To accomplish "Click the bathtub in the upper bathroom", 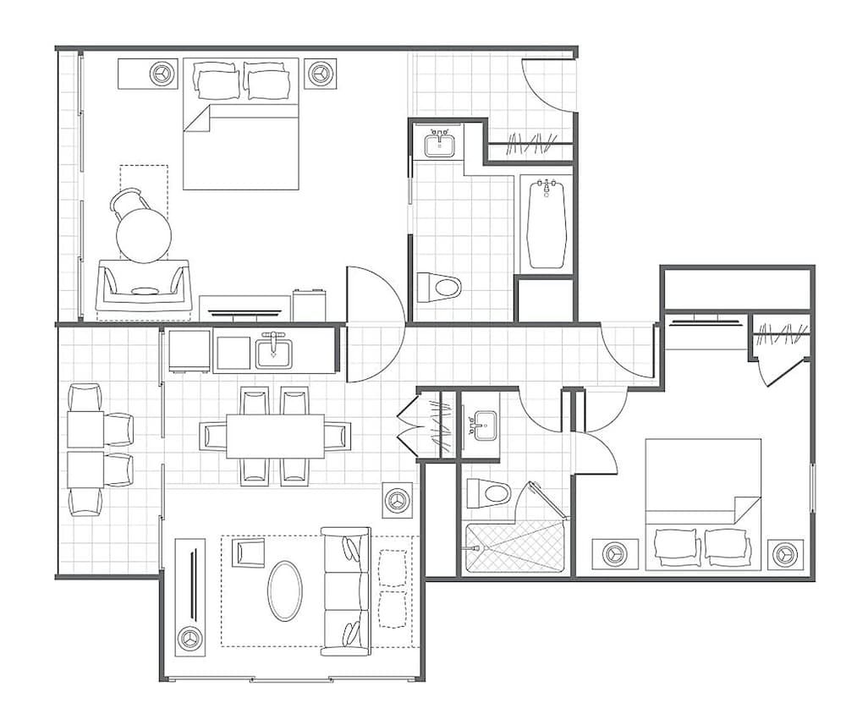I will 546,223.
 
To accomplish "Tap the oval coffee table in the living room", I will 285,590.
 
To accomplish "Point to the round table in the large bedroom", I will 143,234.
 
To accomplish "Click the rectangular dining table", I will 275,436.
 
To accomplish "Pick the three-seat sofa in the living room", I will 346,590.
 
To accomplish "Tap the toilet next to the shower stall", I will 487,493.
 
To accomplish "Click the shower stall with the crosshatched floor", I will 514,546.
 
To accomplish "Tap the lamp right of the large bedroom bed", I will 319,74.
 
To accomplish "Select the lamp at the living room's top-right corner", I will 396,500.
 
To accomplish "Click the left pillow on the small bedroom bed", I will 676,546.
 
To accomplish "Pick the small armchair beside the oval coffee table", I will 248,553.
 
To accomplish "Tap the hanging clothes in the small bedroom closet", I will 778,336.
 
